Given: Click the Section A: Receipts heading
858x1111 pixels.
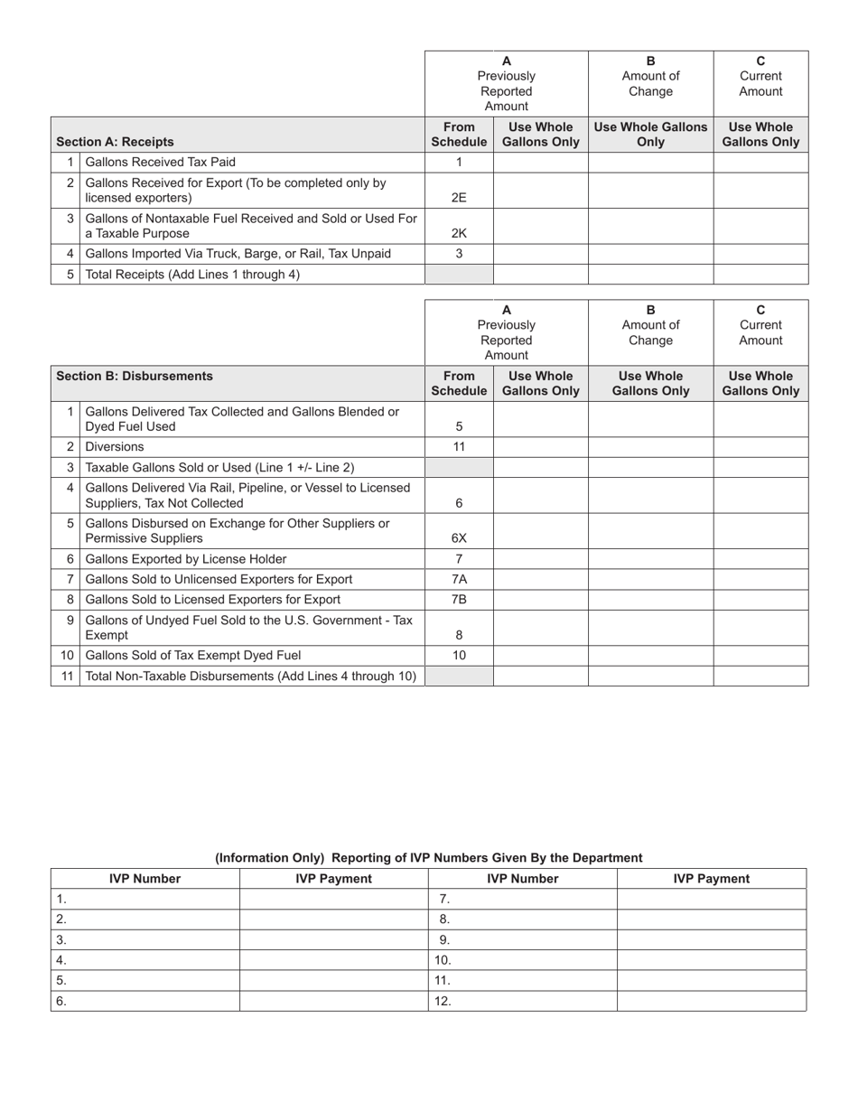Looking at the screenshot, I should click(x=115, y=142).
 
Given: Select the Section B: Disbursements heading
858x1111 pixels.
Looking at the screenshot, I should click(x=135, y=376).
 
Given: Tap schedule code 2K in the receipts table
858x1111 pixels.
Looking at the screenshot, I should click(x=459, y=233).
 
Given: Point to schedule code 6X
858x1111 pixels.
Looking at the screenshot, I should click(x=459, y=538).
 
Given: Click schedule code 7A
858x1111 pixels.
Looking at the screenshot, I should click(x=459, y=579).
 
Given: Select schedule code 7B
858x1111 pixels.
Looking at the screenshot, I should click(x=459, y=599).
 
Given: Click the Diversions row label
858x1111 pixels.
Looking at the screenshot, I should click(x=114, y=446).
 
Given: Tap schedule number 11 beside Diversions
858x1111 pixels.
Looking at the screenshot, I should click(x=459, y=446).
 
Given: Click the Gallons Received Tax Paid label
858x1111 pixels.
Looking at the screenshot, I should click(x=160, y=162).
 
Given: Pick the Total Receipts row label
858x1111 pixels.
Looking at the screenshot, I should click(x=191, y=274).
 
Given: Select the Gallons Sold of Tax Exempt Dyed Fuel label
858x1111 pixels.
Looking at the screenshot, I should click(x=192, y=655).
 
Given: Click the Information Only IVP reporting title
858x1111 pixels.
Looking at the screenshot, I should click(x=428, y=857).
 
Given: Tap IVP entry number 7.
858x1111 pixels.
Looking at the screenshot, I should click(x=443, y=899).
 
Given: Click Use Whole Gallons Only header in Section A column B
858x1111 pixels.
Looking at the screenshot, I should click(x=650, y=135).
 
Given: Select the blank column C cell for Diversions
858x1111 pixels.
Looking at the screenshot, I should click(x=760, y=446).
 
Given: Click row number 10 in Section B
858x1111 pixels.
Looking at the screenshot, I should click(x=67, y=655).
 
